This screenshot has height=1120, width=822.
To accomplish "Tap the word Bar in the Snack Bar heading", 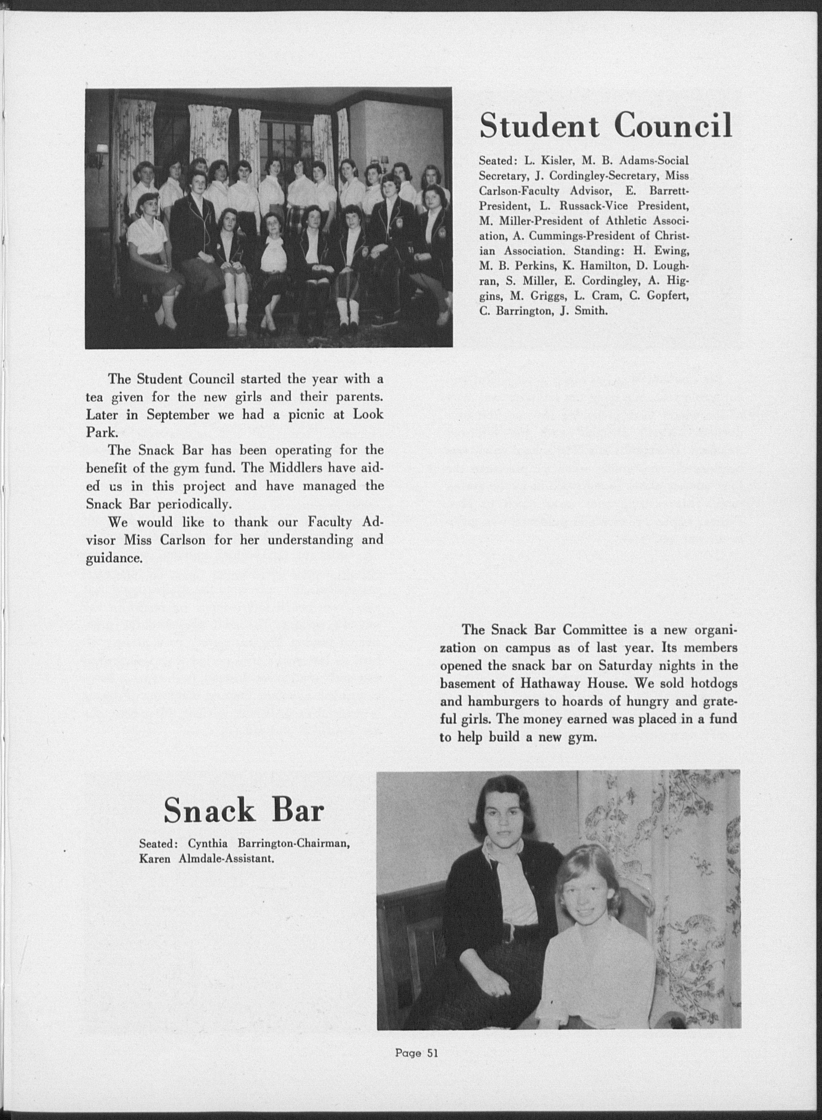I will click(297, 810).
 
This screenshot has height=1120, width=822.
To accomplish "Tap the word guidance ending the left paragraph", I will click(114, 558).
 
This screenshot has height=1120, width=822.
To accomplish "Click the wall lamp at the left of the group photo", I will click(101, 150).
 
